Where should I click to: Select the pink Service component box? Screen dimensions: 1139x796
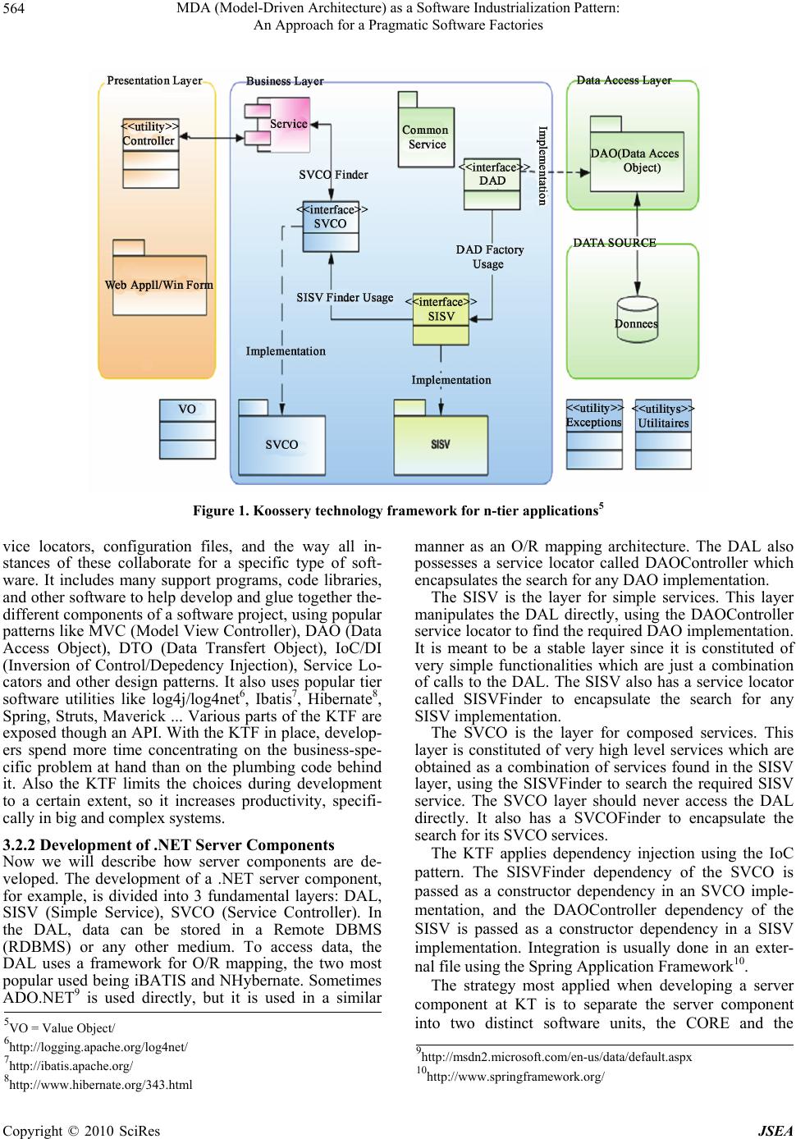coord(279,124)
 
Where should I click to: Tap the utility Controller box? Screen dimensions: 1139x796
coord(150,153)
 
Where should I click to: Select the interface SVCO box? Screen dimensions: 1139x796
coord(330,226)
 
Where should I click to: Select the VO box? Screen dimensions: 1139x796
coord(187,429)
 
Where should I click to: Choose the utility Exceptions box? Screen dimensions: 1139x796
coord(594,430)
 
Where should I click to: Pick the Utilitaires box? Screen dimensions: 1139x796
coord(663,431)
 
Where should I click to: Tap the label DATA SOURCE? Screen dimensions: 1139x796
coord(614,243)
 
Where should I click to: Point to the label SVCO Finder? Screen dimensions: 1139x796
coord(333,175)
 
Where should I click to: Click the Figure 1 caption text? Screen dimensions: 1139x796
coord(398,511)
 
